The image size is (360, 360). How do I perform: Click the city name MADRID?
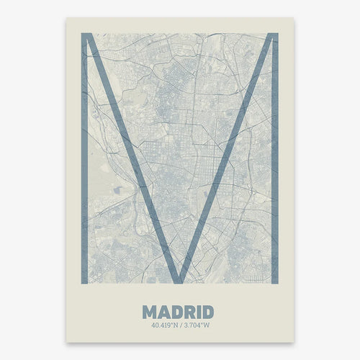pos(178,312)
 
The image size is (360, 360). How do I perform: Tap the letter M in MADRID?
pos(150,312)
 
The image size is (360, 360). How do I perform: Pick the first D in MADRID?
pos(176,312)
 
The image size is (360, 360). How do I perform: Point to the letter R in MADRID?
pos(189,312)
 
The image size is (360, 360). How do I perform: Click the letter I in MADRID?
pos(198,312)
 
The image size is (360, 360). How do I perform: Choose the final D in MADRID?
pos(207,312)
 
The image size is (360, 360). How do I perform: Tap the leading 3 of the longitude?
pos(184,325)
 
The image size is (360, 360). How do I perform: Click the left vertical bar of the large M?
pos(84,158)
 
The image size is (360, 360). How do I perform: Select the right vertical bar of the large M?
pos(274,158)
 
